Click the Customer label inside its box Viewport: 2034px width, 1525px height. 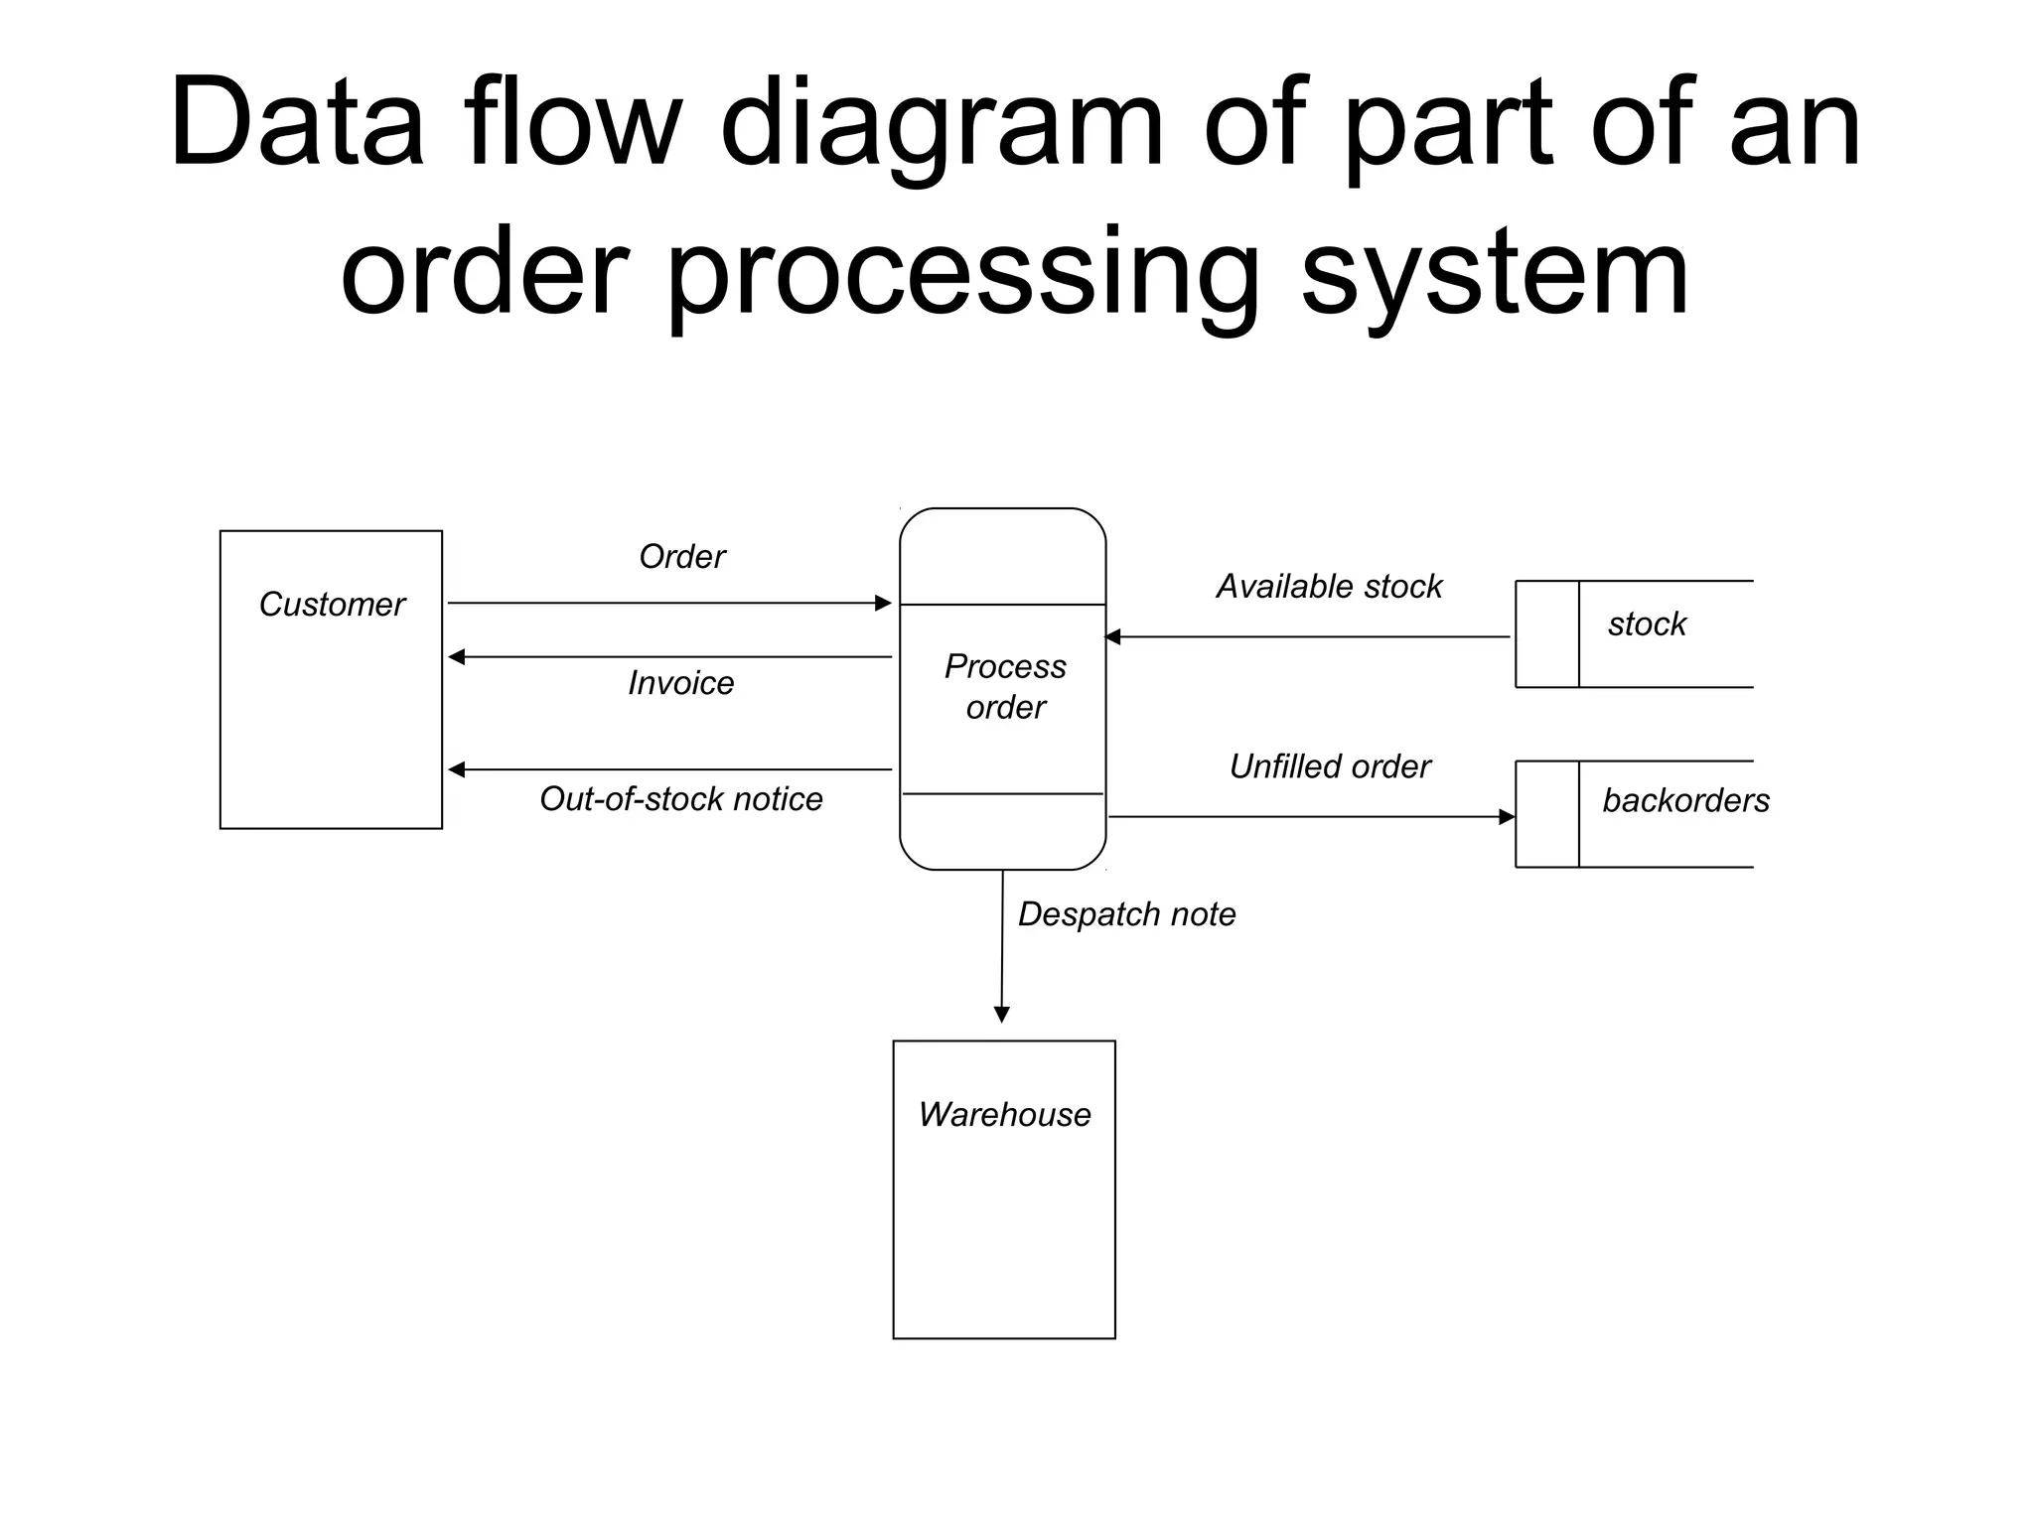click(332, 605)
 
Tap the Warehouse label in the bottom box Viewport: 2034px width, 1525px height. click(1004, 1115)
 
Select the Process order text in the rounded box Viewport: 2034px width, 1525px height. click(1005, 686)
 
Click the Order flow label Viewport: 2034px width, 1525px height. click(682, 557)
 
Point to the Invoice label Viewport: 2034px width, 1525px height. click(680, 683)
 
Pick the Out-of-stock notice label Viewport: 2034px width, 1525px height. click(680, 799)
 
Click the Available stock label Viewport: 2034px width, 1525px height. click(1329, 587)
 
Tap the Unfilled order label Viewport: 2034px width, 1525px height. click(1330, 766)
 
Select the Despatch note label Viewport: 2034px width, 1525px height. click(1126, 914)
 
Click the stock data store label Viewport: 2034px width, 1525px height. click(1647, 624)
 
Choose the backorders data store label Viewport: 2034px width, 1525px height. click(1685, 800)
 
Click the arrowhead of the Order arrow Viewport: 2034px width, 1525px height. click(883, 603)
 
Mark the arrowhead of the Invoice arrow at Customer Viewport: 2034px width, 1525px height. click(457, 657)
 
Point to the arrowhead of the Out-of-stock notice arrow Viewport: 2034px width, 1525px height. click(457, 769)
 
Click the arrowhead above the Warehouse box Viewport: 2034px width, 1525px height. click(1002, 1014)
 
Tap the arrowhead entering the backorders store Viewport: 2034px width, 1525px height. click(1507, 817)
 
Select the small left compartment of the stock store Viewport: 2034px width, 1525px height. click(1546, 634)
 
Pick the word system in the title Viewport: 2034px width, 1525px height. click(1495, 273)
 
